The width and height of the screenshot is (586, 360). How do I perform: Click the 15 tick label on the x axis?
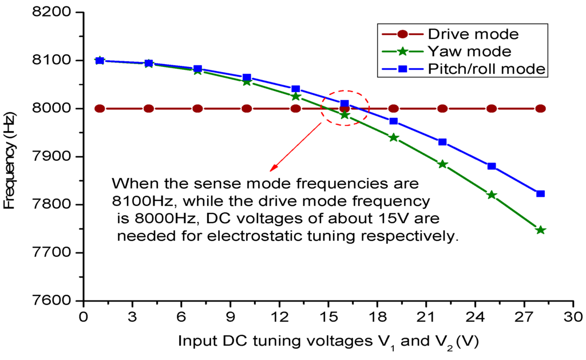(328, 317)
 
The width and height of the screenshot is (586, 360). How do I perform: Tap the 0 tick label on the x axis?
(84, 317)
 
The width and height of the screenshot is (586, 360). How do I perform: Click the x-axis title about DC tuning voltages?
(328, 342)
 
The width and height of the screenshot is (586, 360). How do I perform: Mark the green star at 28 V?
(540, 230)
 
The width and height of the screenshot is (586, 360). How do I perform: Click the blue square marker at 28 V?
(540, 194)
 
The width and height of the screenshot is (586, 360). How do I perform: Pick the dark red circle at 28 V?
(540, 109)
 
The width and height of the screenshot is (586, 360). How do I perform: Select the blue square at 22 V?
(442, 142)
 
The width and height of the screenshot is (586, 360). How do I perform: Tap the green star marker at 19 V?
(393, 138)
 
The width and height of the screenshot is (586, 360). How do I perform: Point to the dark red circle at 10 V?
(247, 109)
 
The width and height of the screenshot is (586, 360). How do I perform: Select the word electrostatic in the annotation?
(268, 236)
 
